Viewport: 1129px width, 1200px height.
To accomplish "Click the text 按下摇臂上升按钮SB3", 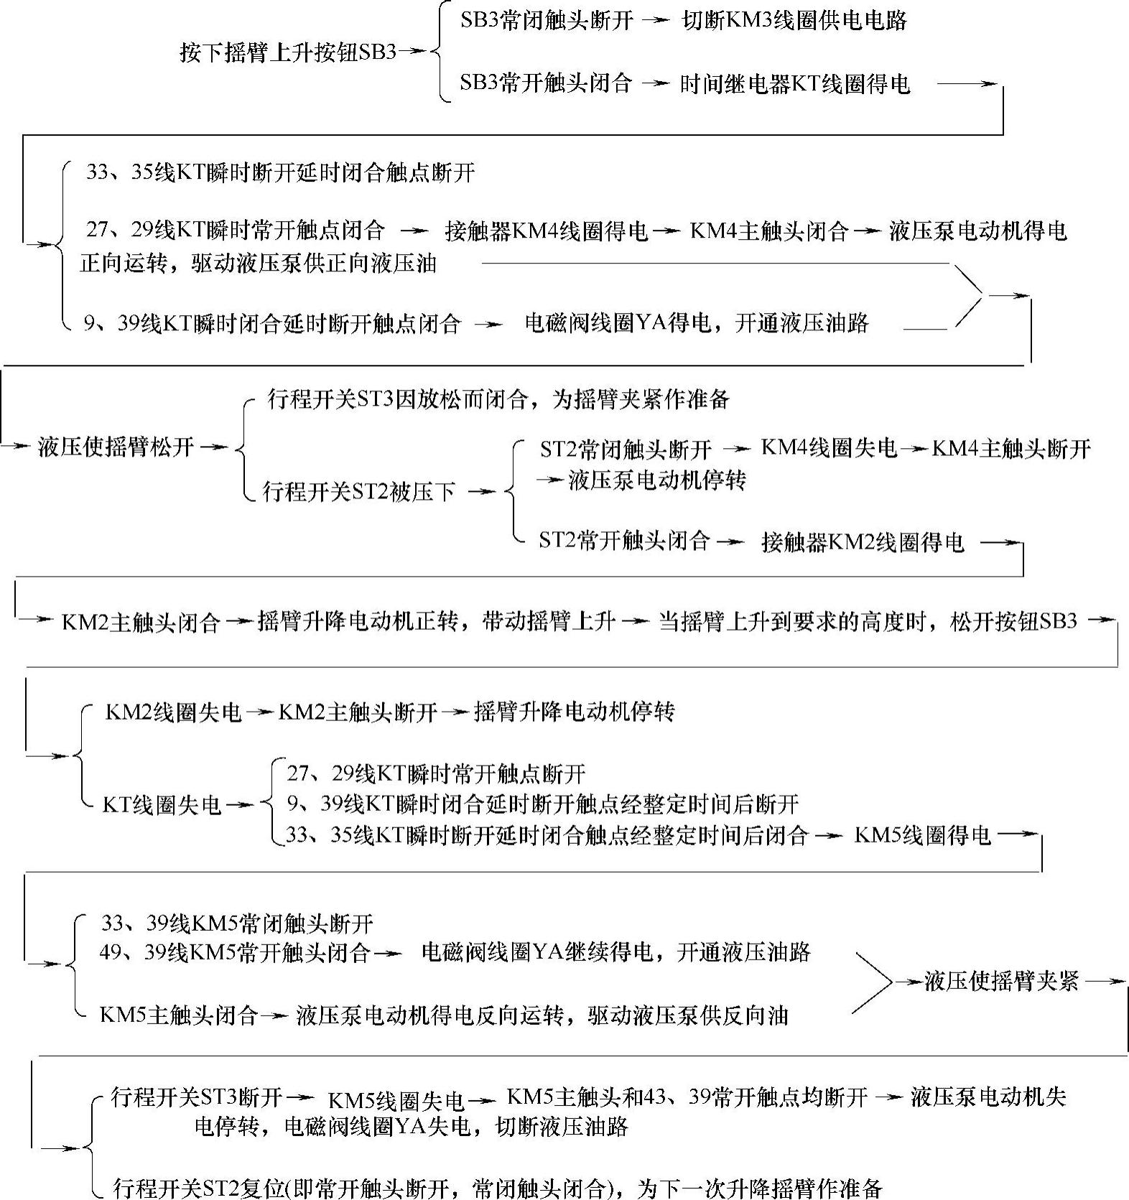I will click(x=287, y=52).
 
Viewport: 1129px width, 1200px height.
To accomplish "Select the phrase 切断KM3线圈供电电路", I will click(x=794, y=20).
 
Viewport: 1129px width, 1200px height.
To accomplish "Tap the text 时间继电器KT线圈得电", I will click(x=794, y=84).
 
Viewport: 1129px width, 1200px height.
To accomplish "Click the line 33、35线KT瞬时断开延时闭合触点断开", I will click(x=280, y=172).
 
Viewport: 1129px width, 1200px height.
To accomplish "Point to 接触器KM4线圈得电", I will click(x=546, y=231).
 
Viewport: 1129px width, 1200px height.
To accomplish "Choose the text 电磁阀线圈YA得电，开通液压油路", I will click(x=696, y=323).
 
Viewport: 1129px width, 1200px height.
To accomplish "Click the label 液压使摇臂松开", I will click(x=116, y=447).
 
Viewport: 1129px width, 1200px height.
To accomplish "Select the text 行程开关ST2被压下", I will click(x=359, y=492).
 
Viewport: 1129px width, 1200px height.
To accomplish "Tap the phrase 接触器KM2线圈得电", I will click(x=862, y=542).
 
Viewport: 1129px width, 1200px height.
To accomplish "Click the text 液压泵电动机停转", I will click(x=656, y=480).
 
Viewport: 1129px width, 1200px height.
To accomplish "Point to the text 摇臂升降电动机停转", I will click(x=574, y=712).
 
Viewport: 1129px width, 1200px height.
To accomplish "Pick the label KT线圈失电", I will click(x=162, y=804).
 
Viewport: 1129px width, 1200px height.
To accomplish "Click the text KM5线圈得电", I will click(x=922, y=835).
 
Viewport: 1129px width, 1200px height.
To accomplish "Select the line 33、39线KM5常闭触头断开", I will click(x=237, y=923).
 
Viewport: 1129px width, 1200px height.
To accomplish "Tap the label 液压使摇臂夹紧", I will click(x=1001, y=981).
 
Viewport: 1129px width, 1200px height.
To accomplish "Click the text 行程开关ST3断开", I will click(x=196, y=1097).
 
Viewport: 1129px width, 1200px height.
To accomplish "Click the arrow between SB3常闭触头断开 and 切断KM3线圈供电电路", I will click(x=655, y=21).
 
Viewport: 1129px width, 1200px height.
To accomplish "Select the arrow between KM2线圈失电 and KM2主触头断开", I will click(x=259, y=712).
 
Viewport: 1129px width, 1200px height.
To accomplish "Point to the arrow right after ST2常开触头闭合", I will click(x=731, y=542).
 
